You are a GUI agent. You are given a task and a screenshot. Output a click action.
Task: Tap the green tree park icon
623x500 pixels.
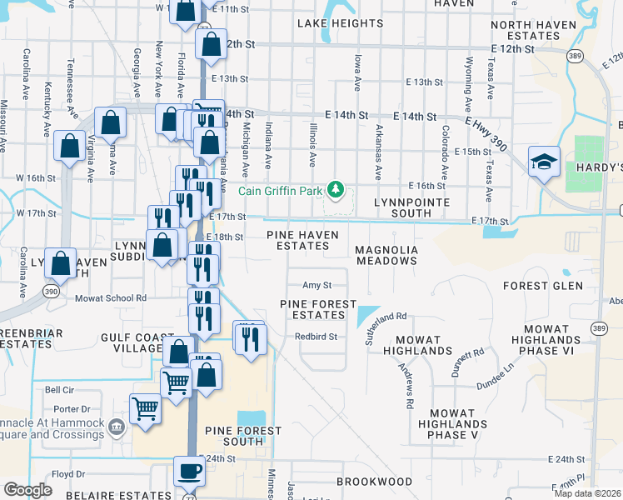coord(336,190)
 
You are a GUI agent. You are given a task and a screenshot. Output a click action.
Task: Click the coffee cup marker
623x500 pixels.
coord(189,471)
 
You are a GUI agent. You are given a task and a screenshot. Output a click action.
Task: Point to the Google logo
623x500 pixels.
coord(27,490)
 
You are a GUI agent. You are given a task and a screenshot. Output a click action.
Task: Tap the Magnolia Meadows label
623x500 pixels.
coord(385,255)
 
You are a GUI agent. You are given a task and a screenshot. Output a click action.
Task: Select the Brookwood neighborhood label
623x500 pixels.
coord(375,482)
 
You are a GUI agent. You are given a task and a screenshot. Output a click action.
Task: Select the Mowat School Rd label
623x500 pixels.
coord(111,297)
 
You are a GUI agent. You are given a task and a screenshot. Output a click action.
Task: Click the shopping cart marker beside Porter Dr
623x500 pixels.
coord(146,409)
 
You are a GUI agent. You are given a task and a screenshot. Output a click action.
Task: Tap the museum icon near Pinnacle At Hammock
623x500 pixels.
coord(117,427)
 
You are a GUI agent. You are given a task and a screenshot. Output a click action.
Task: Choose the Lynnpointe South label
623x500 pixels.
coord(411,202)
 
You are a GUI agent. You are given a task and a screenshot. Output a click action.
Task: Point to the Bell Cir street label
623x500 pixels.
coord(60,389)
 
